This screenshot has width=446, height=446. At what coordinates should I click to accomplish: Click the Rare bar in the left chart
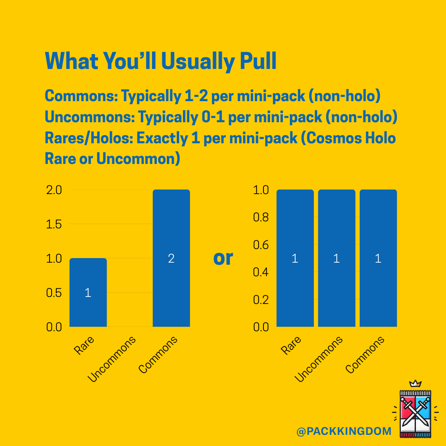[88, 292]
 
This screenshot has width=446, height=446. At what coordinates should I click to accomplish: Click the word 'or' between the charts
[223, 258]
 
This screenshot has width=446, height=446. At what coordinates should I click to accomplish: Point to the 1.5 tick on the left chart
[54, 225]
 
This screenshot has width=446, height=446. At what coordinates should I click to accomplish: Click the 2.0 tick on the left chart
[54, 190]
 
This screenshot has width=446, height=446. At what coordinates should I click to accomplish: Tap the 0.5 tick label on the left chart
[54, 293]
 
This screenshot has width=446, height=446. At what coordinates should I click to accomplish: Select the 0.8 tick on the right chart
[261, 218]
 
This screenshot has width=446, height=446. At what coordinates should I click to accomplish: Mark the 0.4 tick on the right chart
[261, 272]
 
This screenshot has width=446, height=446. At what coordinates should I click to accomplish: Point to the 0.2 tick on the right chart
[261, 299]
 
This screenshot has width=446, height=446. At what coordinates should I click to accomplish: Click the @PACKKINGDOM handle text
[344, 432]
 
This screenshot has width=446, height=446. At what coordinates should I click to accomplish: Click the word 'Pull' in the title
[258, 62]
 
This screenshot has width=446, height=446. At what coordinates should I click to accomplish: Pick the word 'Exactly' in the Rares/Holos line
[163, 138]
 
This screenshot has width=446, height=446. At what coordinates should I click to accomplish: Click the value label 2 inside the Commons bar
[171, 259]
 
